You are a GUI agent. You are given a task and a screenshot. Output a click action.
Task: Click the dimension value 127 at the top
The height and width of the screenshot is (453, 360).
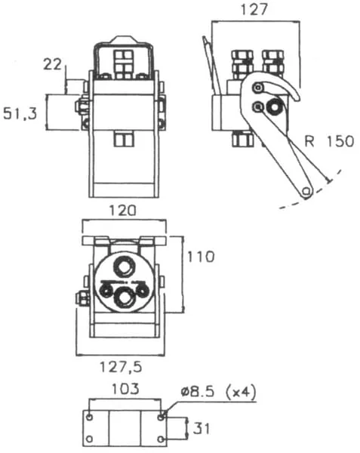click(254, 10)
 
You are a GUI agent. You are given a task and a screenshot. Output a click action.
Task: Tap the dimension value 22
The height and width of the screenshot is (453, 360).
click(52, 64)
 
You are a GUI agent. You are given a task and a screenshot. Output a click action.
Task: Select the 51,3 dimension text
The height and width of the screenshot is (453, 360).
click(20, 113)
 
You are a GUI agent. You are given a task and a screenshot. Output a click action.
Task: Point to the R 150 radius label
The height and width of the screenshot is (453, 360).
click(329, 141)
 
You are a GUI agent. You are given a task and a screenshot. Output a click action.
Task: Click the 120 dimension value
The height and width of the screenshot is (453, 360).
click(122, 211)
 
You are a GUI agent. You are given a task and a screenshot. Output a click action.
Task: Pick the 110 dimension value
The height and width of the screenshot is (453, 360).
click(201, 257)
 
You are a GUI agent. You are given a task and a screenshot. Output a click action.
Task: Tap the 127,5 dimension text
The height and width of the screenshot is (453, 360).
click(121, 367)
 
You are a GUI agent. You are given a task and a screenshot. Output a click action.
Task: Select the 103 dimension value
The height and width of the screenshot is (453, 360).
click(125, 389)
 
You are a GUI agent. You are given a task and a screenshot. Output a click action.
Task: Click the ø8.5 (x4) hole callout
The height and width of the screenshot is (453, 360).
click(219, 392)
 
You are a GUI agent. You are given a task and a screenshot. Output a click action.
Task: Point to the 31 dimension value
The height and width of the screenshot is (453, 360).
click(202, 428)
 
